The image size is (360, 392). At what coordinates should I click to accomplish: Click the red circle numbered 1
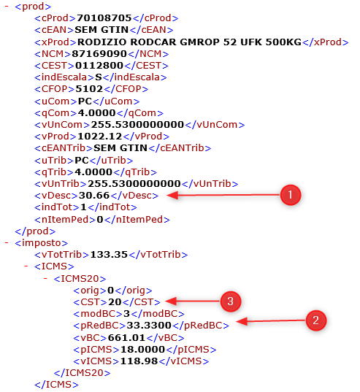[x=290, y=195]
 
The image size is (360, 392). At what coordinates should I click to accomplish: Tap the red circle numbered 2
[x=316, y=320]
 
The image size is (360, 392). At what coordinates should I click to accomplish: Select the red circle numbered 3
[x=231, y=301]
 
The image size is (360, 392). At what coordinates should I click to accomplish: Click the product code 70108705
[x=104, y=18]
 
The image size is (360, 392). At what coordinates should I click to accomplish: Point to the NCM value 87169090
[x=99, y=54]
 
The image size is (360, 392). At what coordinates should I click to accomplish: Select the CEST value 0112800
[x=99, y=66]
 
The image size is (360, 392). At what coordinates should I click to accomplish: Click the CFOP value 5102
[x=89, y=89]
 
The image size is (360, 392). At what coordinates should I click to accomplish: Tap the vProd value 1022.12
[x=100, y=137]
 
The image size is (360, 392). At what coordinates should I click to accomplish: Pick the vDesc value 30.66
[x=94, y=195]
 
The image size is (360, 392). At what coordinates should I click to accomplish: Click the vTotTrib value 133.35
[x=109, y=255]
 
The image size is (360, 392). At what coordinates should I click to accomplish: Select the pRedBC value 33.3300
[x=149, y=326]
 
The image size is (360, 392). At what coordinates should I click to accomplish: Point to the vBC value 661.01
[x=126, y=338]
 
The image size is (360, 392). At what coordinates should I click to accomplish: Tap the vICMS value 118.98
[x=139, y=361]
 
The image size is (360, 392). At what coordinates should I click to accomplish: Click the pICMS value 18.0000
[x=142, y=349]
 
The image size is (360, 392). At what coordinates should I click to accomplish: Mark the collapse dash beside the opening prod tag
[x=7, y=6]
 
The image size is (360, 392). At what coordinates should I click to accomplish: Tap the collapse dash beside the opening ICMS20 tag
[x=45, y=278]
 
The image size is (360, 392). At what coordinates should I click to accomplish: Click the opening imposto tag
[x=41, y=243]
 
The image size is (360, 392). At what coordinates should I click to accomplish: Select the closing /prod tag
[x=35, y=231]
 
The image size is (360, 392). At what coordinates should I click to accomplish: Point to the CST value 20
[x=115, y=302]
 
